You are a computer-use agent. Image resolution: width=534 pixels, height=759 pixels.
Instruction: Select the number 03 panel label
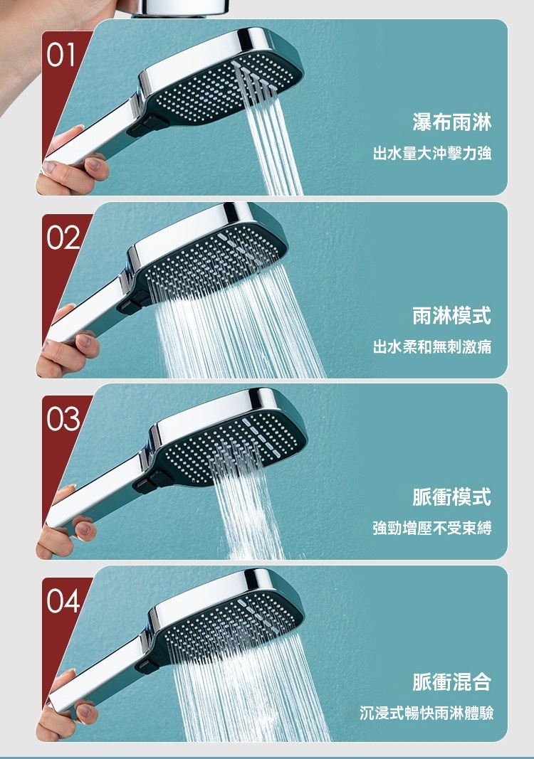point(63,419)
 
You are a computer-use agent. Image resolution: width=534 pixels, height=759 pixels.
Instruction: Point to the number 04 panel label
point(63,602)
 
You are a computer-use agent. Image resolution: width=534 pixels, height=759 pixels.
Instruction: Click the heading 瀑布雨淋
point(451,122)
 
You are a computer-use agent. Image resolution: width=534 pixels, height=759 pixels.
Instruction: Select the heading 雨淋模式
point(451,316)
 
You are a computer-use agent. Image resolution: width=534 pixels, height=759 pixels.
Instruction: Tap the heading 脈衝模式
point(451,497)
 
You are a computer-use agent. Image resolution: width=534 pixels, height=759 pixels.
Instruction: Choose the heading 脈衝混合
point(451,681)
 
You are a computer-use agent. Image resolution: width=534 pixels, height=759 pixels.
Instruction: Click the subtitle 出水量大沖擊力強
point(432,154)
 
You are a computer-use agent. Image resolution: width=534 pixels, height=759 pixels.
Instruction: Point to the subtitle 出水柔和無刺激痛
point(432,346)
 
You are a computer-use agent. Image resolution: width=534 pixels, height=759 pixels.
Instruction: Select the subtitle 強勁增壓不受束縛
point(432,528)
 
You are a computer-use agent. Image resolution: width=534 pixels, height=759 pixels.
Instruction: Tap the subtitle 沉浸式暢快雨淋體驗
point(426,713)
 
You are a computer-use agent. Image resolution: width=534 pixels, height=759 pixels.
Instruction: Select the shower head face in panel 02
point(213,264)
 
